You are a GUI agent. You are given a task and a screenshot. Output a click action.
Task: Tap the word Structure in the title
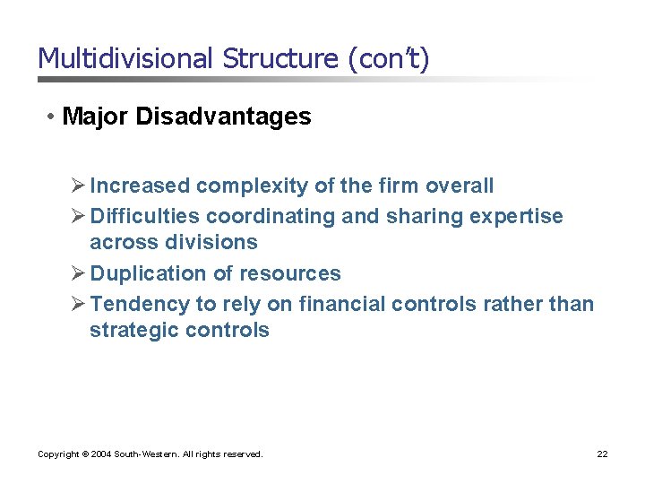coord(285,59)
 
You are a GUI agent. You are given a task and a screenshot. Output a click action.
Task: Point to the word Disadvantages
coord(223,117)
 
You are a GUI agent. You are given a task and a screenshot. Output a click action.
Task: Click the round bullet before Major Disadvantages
coord(53,117)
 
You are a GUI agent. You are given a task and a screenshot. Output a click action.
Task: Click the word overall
coord(459,186)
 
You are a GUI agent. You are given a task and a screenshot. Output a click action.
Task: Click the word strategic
coord(132,330)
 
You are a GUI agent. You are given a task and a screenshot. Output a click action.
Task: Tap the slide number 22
coord(603,454)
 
